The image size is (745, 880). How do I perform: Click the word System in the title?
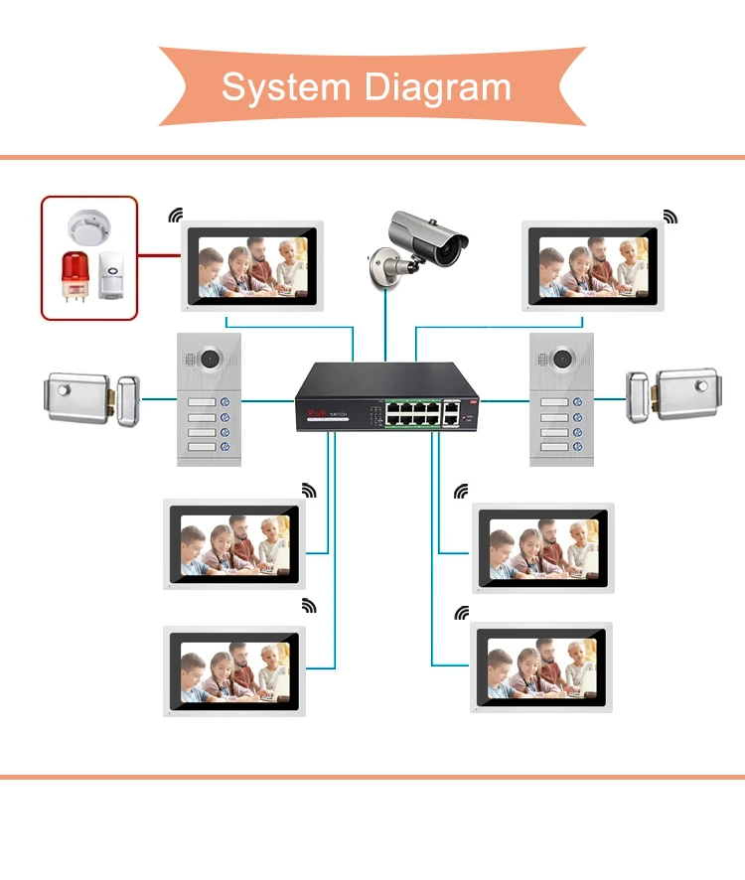coord(283,87)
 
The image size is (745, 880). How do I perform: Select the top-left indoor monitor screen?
coord(248,265)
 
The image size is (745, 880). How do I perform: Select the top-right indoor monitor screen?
coord(594,265)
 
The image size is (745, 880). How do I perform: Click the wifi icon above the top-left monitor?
coord(176,215)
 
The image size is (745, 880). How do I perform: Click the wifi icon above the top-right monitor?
coord(670,216)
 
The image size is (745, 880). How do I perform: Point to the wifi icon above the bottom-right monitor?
coord(461,613)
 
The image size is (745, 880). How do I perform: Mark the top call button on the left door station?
coord(226,402)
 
